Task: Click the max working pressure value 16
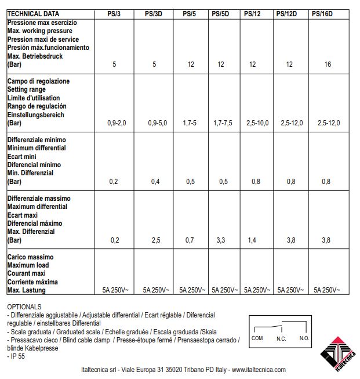328,64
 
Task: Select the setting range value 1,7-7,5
221,123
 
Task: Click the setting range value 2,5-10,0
256,123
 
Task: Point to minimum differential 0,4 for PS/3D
155,182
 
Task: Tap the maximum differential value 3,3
221,240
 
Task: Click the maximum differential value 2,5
155,240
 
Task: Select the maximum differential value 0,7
190,240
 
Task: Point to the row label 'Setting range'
27,90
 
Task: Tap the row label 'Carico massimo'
30,257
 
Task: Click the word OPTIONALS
24,306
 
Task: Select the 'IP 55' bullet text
19,356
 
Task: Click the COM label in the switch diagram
259,338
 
